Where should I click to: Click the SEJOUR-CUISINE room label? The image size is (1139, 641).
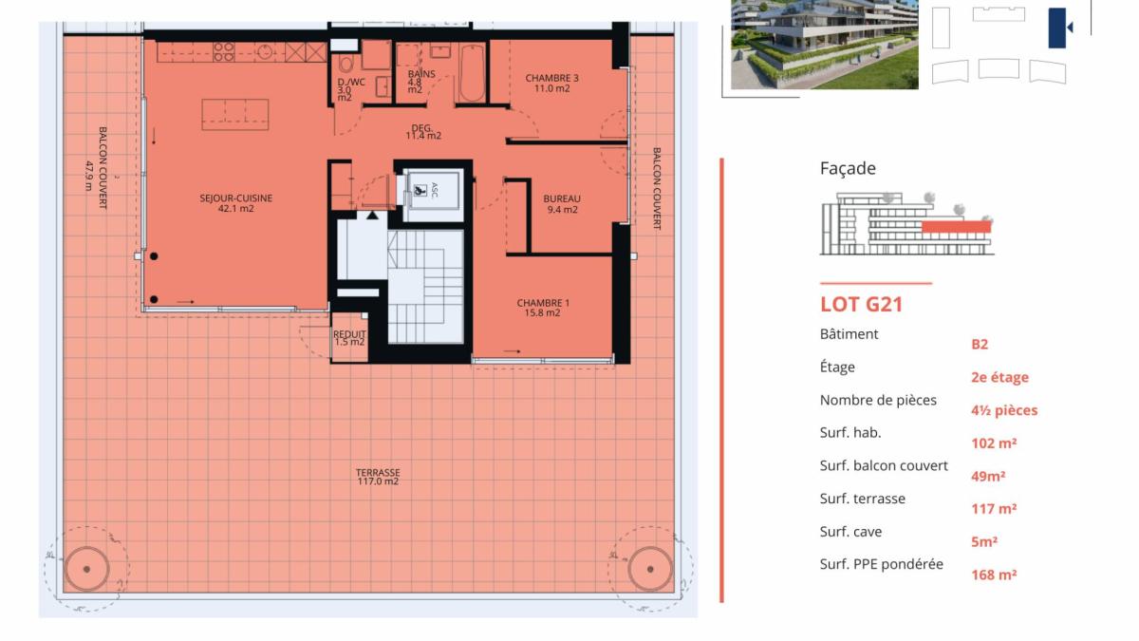click(x=236, y=203)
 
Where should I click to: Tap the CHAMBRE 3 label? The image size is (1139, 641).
click(x=551, y=83)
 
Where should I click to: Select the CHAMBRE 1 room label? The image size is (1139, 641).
click(x=543, y=308)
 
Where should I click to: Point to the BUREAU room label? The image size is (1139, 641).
click(x=562, y=204)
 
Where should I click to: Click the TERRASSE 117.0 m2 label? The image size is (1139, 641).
click(x=378, y=477)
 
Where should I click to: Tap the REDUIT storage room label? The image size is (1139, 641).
click(x=349, y=338)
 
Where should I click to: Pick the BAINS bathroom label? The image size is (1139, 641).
click(x=421, y=82)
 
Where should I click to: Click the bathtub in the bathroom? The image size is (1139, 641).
click(x=472, y=74)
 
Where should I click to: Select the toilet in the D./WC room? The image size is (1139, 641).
click(x=345, y=65)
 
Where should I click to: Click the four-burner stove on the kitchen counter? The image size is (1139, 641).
click(x=224, y=52)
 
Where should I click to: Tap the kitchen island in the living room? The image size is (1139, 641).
click(x=235, y=115)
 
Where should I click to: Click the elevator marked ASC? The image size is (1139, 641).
click(x=434, y=195)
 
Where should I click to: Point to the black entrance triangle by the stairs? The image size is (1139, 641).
click(x=373, y=216)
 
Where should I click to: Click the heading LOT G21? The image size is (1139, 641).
click(x=862, y=304)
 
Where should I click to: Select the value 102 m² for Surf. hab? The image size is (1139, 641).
click(x=994, y=443)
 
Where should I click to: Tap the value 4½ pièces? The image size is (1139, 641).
click(x=1004, y=410)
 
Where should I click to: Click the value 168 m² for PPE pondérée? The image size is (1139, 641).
click(x=994, y=575)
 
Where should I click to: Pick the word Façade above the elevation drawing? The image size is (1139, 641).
click(x=848, y=168)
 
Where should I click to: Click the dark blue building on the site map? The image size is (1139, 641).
click(x=1057, y=28)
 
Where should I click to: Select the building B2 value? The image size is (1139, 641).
click(x=980, y=345)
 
